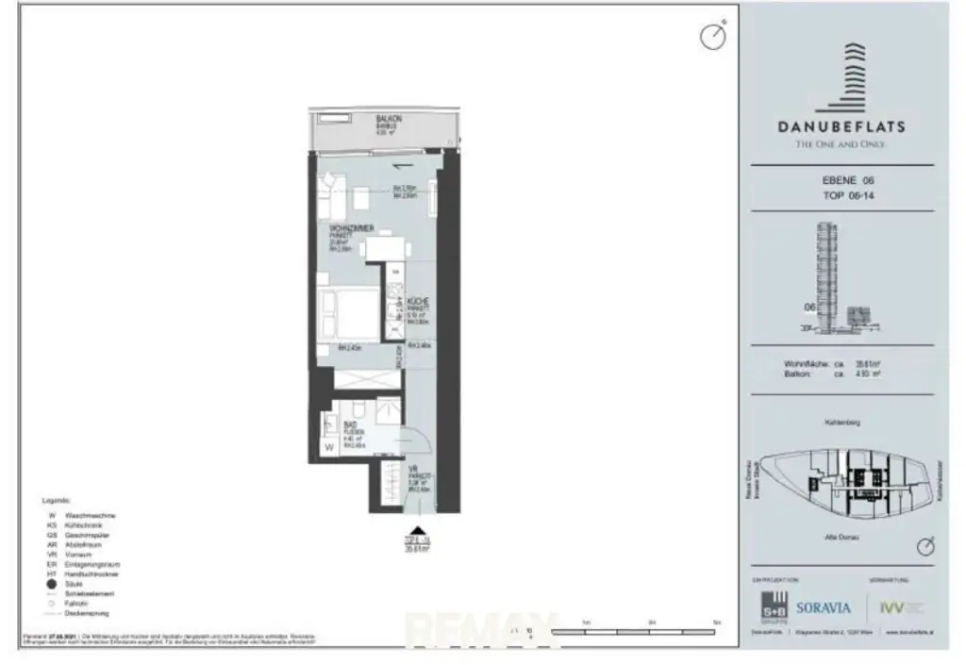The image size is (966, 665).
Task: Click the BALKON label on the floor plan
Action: click(389, 119)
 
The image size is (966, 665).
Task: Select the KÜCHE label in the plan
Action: click(418, 301)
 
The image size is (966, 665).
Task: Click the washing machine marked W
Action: click(329, 448)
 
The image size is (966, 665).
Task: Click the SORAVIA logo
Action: click(824, 607)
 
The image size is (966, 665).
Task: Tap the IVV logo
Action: click(891, 608)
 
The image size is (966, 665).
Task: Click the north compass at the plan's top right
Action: click(712, 36)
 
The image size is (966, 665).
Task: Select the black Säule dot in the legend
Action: click(49, 584)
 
